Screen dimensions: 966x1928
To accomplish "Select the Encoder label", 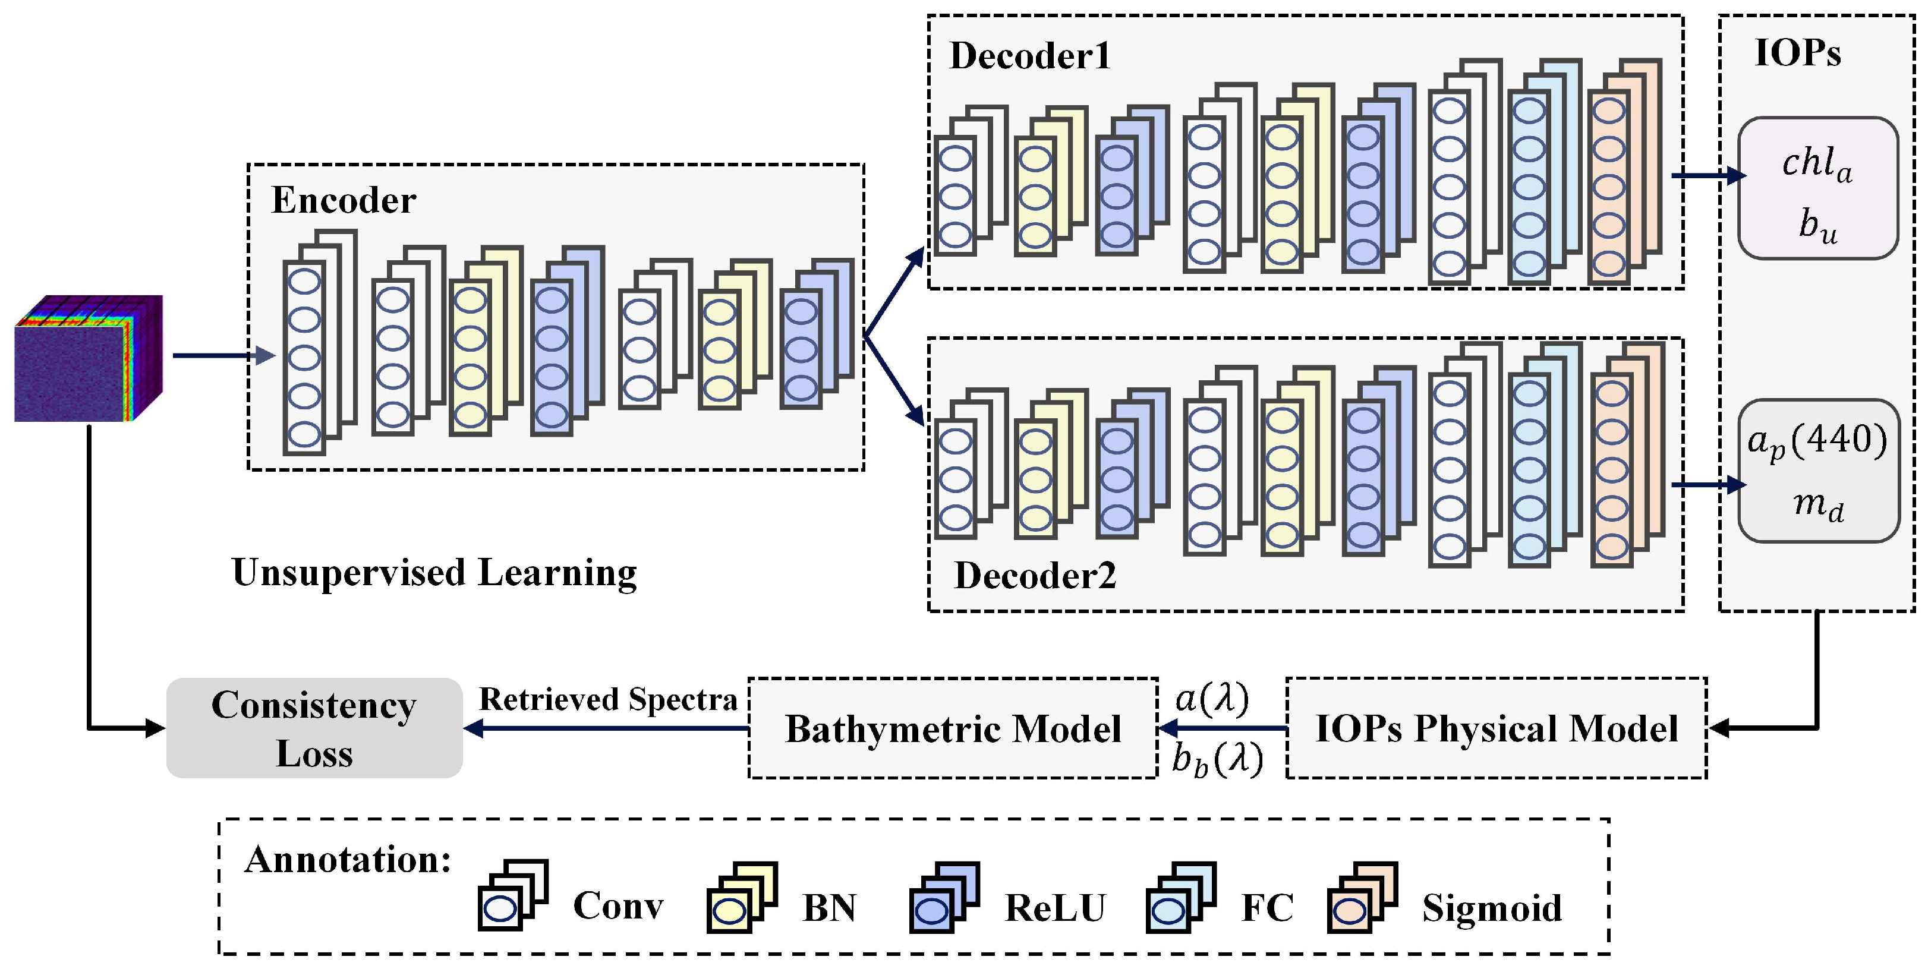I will click(344, 200).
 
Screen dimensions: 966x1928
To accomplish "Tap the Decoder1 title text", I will click(1030, 55).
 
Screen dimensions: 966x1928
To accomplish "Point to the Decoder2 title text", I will click(1035, 576).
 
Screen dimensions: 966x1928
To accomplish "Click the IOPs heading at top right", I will click(1798, 53).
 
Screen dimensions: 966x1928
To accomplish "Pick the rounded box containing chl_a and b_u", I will click(1818, 188).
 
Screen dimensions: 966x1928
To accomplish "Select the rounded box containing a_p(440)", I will click(1818, 471).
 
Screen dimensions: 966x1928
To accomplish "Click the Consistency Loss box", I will click(314, 728).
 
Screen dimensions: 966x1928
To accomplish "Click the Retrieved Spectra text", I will click(608, 699).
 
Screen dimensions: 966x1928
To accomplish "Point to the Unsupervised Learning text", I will click(434, 573).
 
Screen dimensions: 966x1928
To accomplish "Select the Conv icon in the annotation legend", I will click(513, 896).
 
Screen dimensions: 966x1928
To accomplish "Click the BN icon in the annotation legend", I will click(742, 897).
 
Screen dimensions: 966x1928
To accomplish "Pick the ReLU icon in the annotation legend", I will click(944, 897).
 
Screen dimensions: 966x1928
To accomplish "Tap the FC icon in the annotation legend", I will click(1180, 897).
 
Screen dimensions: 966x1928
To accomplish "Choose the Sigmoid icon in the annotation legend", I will click(1362, 897).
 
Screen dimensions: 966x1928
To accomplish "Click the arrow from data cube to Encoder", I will click(223, 355).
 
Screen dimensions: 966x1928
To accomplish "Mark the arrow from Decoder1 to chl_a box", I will click(1708, 176).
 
